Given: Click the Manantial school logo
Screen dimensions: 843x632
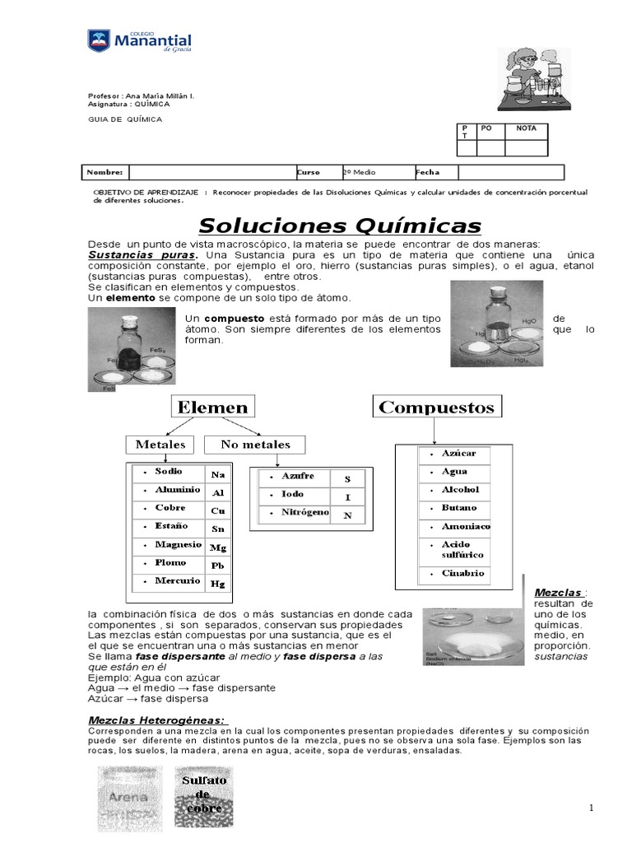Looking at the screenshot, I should [x=140, y=41].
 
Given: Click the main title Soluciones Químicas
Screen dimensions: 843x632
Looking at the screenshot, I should [x=340, y=226].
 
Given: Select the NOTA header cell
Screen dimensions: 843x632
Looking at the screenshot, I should [x=526, y=129].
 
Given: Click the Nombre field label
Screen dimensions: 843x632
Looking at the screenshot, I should [x=105, y=172].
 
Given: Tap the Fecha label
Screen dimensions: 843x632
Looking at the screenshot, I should [x=428, y=172].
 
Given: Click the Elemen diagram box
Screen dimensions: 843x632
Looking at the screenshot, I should [x=211, y=407].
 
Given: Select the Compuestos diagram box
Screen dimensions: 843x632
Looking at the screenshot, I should [x=437, y=407].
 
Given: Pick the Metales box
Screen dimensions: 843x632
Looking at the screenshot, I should [x=160, y=445].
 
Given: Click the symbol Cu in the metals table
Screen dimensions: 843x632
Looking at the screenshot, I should [x=217, y=510].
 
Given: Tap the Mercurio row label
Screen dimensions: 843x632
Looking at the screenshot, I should [x=178, y=581].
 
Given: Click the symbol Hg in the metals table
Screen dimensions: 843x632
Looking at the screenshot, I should [x=217, y=584].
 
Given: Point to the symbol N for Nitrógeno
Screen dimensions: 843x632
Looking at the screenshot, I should [x=347, y=515].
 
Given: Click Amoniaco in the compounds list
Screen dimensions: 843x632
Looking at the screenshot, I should [x=466, y=526].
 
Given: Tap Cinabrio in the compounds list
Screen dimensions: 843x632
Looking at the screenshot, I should [x=463, y=574].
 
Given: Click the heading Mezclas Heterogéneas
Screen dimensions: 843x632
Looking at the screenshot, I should [x=156, y=720].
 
